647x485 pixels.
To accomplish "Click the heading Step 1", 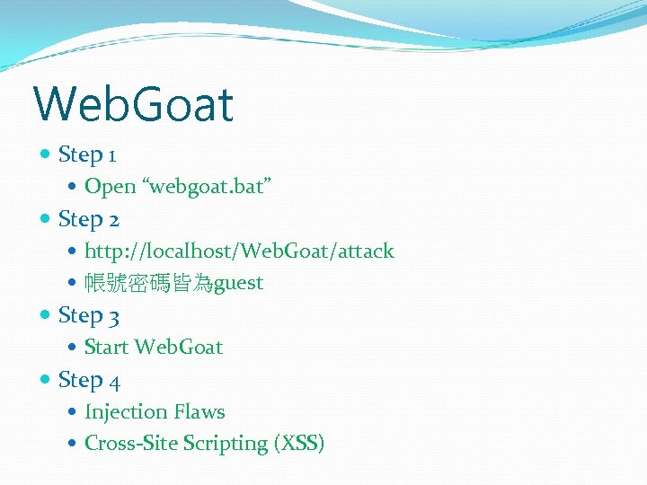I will pyautogui.click(x=86, y=154).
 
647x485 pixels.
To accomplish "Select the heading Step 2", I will pyautogui.click(x=88, y=219).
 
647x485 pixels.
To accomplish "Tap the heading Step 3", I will pyautogui.click(x=88, y=315).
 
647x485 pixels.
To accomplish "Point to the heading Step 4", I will pyautogui.click(x=88, y=380).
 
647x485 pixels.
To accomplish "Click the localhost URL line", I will pyautogui.click(x=238, y=251).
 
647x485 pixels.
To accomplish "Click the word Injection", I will pyautogui.click(x=124, y=411).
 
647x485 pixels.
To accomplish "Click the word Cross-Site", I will pyautogui.click(x=130, y=443).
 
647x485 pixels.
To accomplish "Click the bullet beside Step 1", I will pyautogui.click(x=46, y=154).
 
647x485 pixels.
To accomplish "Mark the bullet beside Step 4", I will pyautogui.click(x=46, y=380).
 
